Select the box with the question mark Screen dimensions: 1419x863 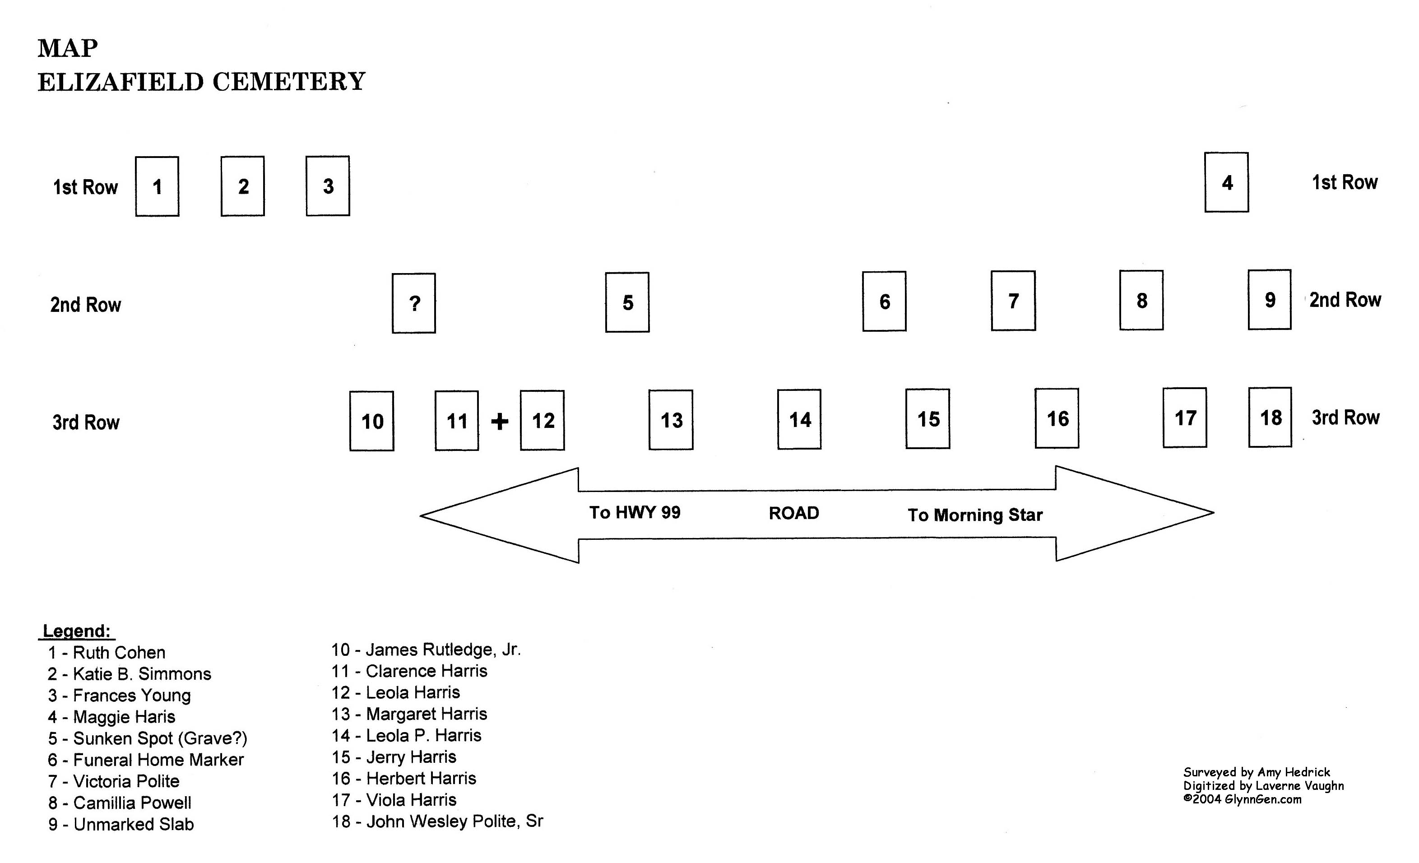414,303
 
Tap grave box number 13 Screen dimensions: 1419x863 671,420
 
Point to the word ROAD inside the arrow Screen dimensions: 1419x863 793,513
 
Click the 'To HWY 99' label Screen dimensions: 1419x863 635,512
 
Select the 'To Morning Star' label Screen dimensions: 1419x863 975,515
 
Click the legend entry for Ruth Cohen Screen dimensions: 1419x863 107,653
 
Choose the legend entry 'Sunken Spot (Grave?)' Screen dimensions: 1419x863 148,738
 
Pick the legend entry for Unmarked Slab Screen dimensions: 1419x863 121,824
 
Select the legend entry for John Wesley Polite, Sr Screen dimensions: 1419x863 437,821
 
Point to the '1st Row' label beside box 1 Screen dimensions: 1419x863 85,187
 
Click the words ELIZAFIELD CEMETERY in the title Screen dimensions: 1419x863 202,82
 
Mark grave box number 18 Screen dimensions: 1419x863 1270,418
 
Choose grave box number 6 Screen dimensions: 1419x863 884,302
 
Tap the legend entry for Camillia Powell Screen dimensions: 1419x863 119,803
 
